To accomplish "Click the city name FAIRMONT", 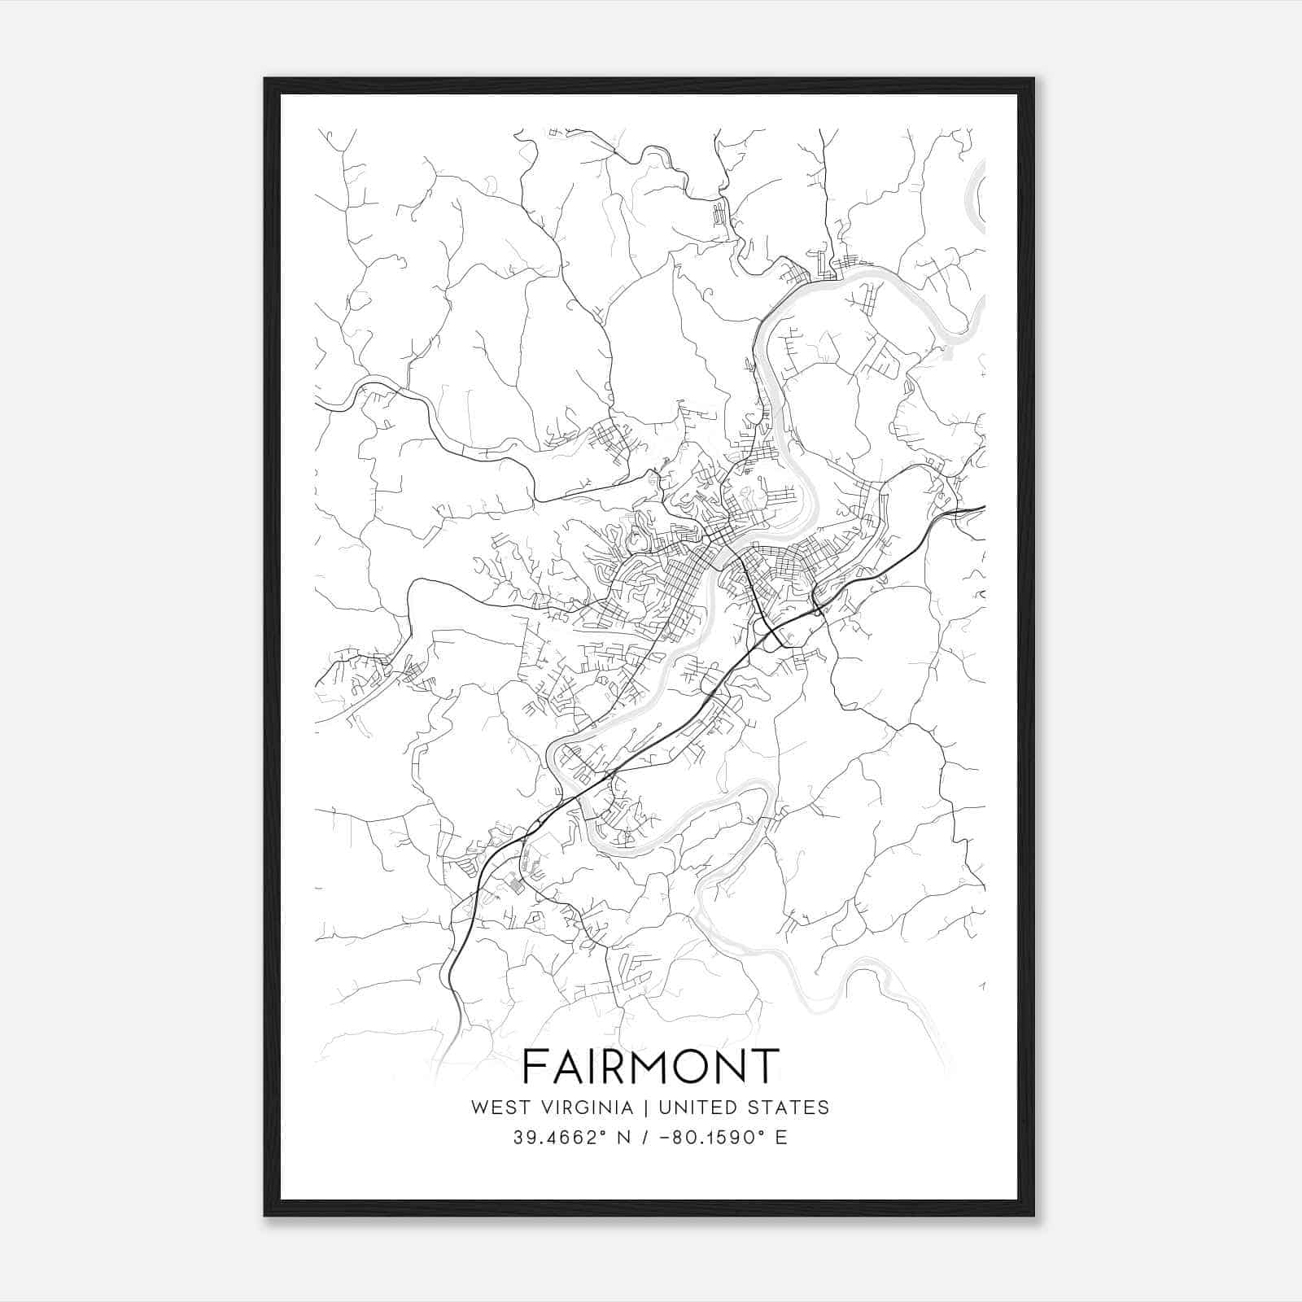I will coord(650,1066).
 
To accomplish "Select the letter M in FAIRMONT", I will coord(645,1066).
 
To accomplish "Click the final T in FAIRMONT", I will coord(765,1066).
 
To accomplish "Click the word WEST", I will coord(496,1108).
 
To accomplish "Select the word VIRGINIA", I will coord(583,1108).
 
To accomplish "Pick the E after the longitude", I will coord(780,1137).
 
